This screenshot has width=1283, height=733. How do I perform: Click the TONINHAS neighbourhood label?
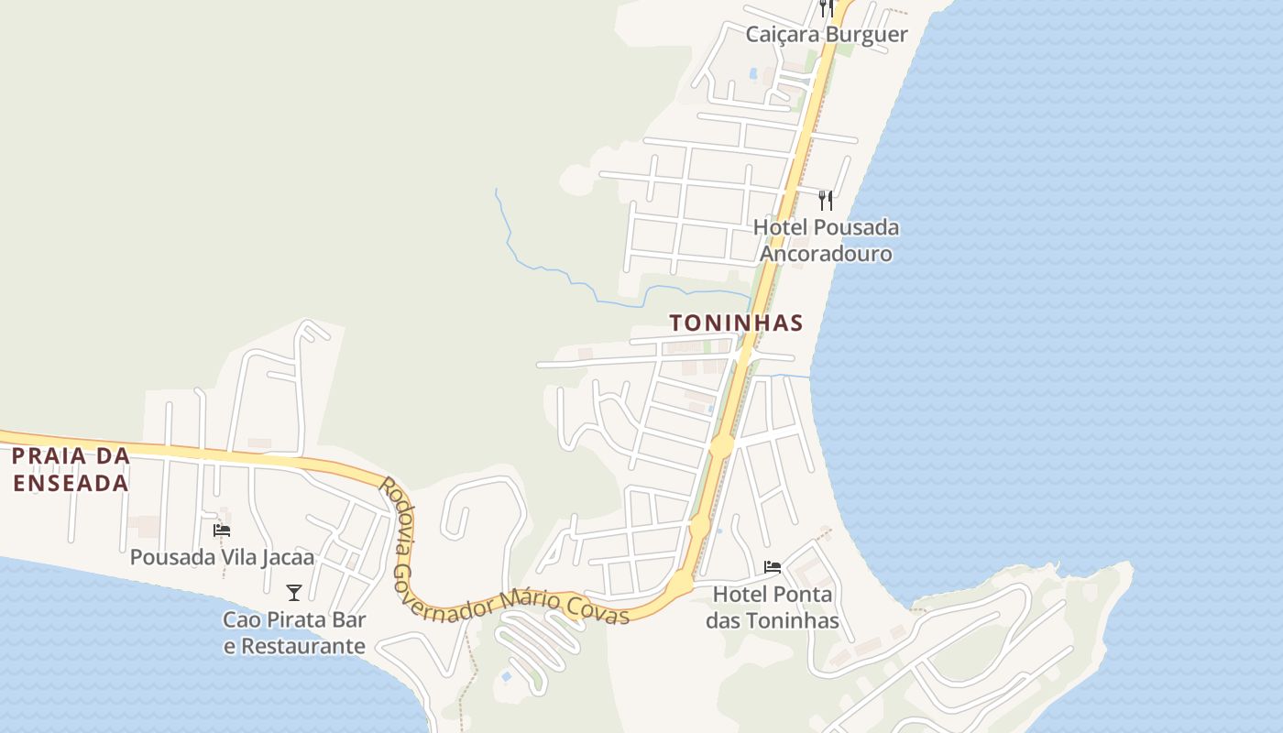pyautogui.click(x=736, y=323)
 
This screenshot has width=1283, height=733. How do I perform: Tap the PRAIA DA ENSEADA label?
pyautogui.click(x=70, y=469)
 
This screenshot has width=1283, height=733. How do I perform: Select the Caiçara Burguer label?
pyautogui.click(x=827, y=35)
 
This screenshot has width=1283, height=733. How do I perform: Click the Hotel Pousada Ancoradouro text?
pyautogui.click(x=826, y=240)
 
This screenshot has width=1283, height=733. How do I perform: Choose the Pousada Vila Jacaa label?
pyautogui.click(x=222, y=557)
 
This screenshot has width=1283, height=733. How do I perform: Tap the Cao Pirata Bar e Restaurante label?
pyautogui.click(x=294, y=633)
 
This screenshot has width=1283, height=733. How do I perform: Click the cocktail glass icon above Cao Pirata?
pyautogui.click(x=294, y=593)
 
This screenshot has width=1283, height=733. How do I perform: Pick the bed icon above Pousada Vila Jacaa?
pyautogui.click(x=222, y=530)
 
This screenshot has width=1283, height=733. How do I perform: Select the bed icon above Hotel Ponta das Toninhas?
pyautogui.click(x=773, y=567)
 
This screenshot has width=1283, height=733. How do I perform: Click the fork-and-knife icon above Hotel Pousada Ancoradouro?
pyautogui.click(x=826, y=200)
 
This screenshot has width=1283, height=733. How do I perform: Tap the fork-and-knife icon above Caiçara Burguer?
pyautogui.click(x=827, y=8)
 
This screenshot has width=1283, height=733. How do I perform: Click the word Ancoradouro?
pyautogui.click(x=826, y=254)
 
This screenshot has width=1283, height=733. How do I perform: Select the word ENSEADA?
pyautogui.click(x=70, y=483)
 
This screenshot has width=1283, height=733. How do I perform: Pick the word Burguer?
pyautogui.click(x=866, y=35)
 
